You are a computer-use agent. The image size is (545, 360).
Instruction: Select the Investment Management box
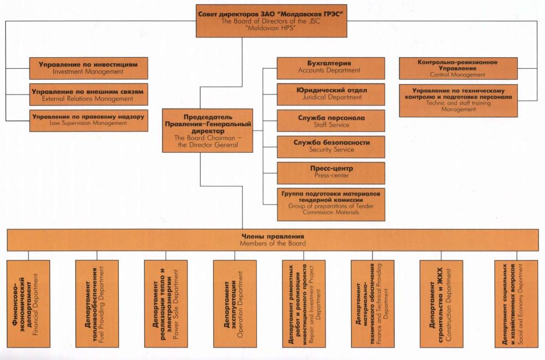88,68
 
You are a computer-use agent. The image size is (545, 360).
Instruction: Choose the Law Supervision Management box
88,120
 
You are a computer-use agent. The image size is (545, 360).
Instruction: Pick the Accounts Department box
331,67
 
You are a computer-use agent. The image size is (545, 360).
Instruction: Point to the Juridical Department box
331,94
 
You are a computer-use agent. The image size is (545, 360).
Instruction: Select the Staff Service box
331,121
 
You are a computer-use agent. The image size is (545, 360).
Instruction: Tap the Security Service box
331,146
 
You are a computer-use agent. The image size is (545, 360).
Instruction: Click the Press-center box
331,172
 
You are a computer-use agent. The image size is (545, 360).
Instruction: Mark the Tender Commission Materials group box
331,201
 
